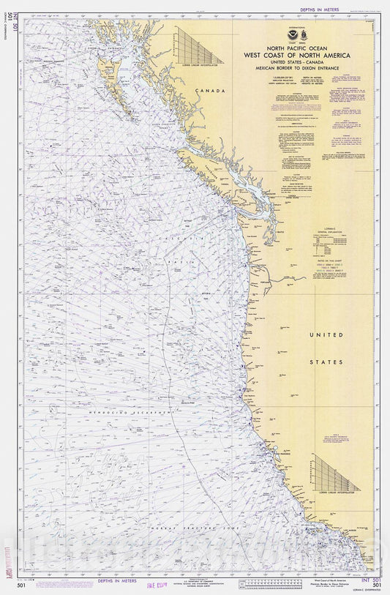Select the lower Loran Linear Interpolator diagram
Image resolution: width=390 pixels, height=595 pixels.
(x=334, y=474)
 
